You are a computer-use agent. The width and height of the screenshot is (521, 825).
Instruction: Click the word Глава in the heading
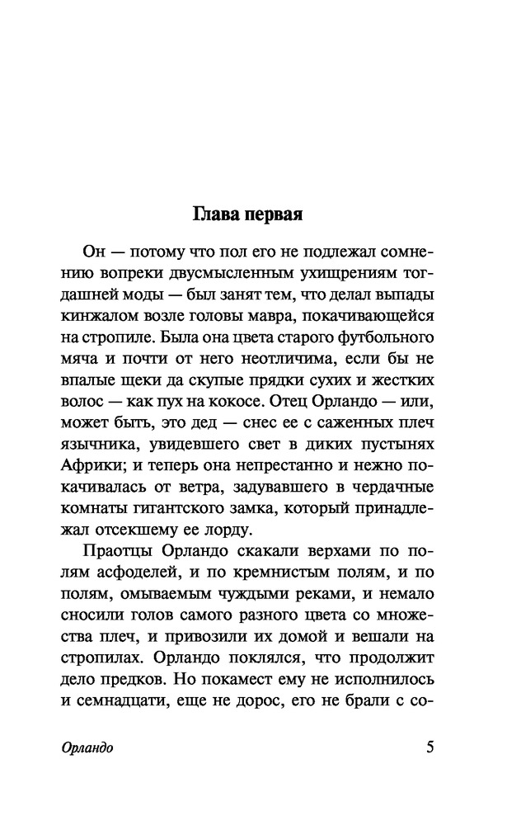pos(218,215)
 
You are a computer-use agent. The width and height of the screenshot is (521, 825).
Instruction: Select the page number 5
pos(429,747)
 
